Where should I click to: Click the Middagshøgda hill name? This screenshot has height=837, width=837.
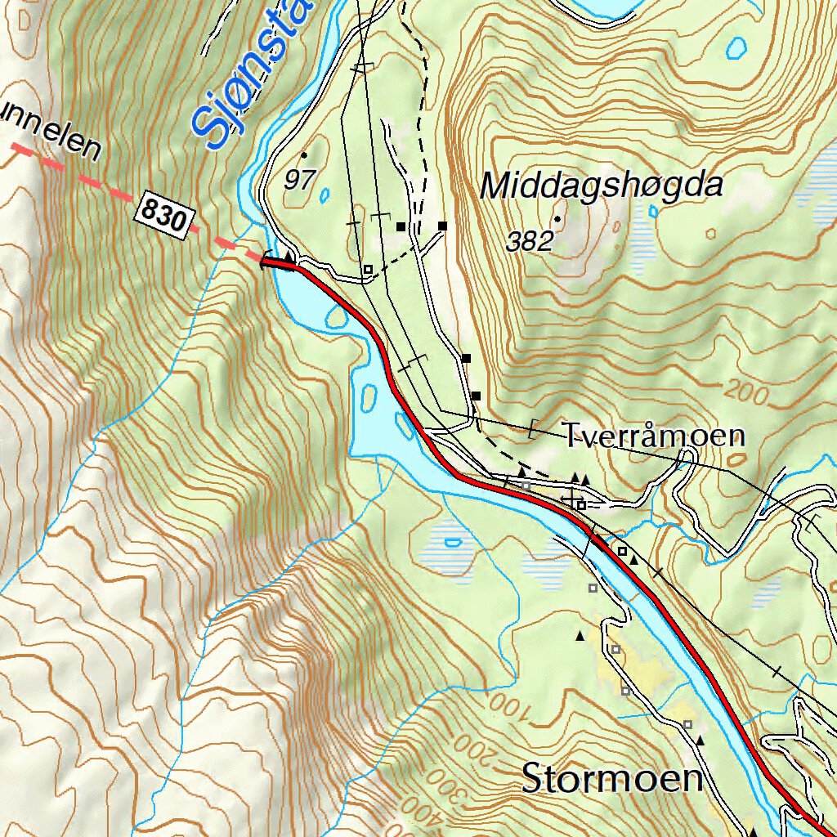(602, 186)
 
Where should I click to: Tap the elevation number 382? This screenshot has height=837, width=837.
(530, 241)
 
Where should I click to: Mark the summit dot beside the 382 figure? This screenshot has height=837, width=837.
(557, 219)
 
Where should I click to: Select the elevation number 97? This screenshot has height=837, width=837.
(299, 180)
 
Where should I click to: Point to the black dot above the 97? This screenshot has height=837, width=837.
(304, 154)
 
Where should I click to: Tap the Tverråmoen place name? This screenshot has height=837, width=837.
(654, 436)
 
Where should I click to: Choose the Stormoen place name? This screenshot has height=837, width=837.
(613, 778)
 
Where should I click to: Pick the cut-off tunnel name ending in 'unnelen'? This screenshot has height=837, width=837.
(49, 135)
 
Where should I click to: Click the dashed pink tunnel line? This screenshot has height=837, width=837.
(90, 181)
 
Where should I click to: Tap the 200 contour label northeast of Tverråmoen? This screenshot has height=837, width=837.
(747, 393)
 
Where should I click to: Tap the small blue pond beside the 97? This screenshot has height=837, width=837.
(325, 195)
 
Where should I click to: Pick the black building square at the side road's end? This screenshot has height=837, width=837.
(443, 226)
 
